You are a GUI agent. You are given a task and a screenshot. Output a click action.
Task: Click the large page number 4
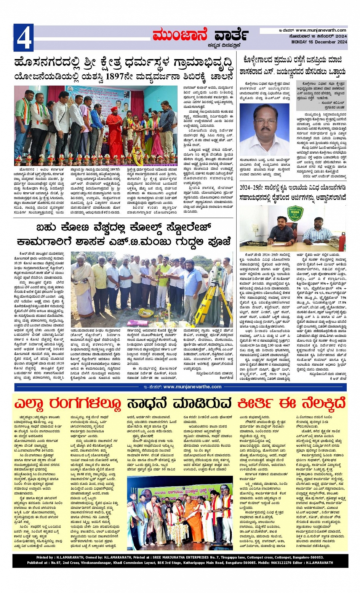23,37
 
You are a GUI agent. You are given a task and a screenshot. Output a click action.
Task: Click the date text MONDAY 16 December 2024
319,42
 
